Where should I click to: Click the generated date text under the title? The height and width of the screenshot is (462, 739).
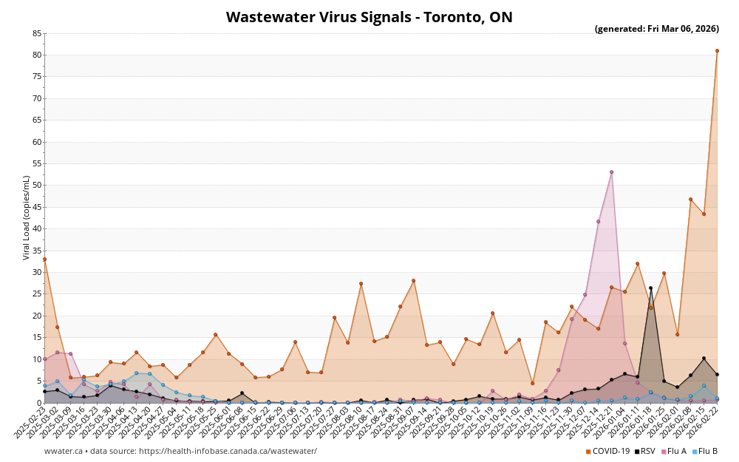(656, 30)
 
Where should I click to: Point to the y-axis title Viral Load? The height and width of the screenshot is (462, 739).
(27, 217)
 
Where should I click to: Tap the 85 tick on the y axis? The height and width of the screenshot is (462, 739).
(37, 34)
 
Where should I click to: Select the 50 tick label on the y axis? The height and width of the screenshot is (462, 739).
(37, 186)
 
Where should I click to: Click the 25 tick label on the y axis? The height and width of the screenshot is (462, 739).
(37, 294)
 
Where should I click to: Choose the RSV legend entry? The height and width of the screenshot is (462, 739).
(644, 451)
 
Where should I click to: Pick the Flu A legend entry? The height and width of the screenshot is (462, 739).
(674, 451)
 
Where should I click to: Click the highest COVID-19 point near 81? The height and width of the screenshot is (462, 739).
(717, 51)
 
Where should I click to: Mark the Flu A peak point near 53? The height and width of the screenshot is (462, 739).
(611, 172)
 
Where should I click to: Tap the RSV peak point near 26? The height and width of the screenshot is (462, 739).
(650, 288)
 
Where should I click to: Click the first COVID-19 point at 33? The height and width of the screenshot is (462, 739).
(44, 259)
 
